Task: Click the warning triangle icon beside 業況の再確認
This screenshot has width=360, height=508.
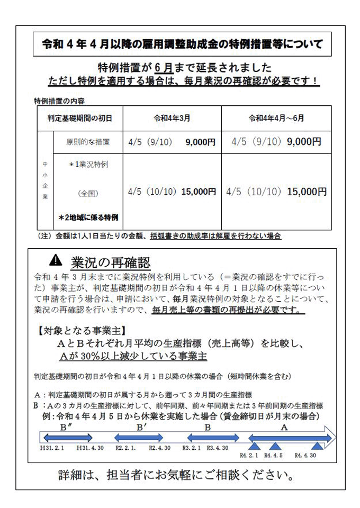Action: coord(56,260)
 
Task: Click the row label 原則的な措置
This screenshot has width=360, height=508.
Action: coord(88,141)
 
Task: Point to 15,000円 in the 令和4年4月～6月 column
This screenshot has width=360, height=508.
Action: coord(307,192)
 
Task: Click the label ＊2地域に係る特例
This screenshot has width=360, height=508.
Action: coord(88,217)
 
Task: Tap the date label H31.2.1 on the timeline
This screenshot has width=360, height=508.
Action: coord(51,448)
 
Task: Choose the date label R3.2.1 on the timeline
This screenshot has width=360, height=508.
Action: coord(193,448)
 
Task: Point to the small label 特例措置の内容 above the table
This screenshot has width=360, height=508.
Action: coord(59,100)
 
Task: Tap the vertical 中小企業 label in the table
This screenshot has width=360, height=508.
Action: coord(44,180)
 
